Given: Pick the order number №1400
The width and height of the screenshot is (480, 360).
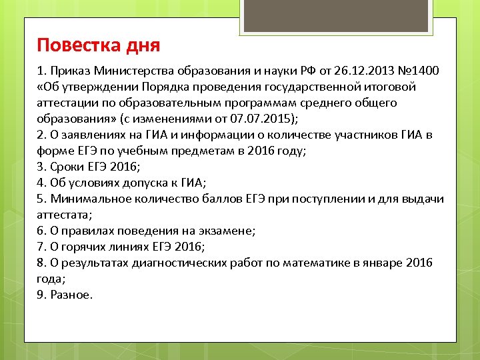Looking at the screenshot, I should click(x=418, y=71).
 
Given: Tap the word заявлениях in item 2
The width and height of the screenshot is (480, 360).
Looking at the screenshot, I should click(x=89, y=135).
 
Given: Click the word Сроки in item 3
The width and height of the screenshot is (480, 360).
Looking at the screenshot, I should click(x=67, y=167).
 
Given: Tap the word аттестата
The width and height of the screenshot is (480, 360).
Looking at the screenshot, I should click(x=63, y=215).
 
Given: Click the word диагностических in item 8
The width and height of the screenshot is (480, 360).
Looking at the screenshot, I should click(x=185, y=263).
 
